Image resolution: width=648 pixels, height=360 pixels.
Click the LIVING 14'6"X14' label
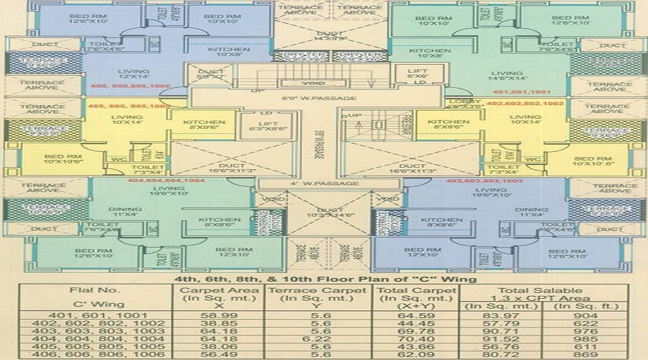click(508, 76)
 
